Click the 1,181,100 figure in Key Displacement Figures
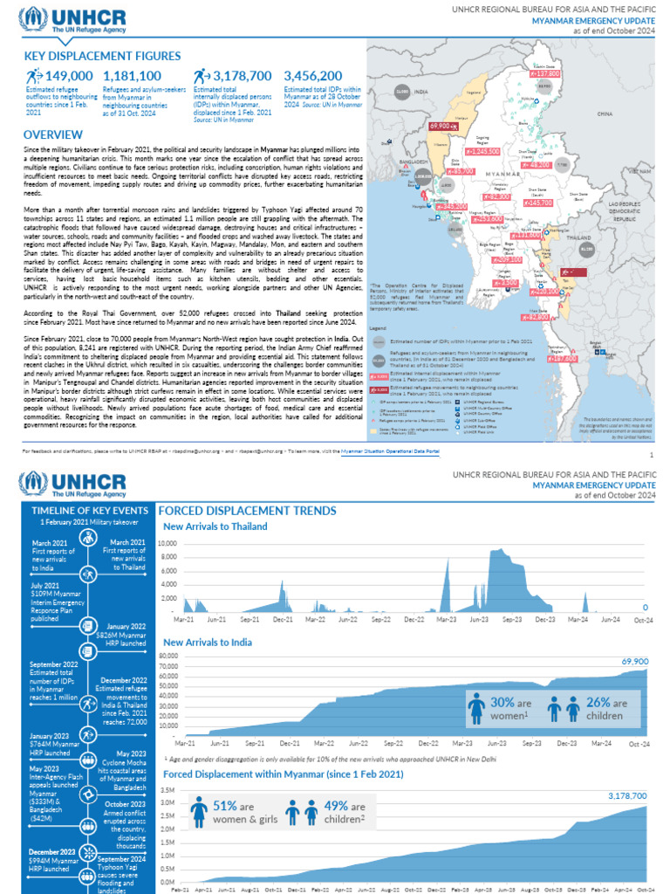[x=132, y=77]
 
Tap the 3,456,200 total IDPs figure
[x=312, y=77]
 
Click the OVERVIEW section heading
[x=53, y=135]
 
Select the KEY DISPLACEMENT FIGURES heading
[x=103, y=56]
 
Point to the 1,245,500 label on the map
[x=482, y=151]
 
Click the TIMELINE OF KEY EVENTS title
[x=89, y=509]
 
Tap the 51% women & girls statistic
[x=231, y=804]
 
